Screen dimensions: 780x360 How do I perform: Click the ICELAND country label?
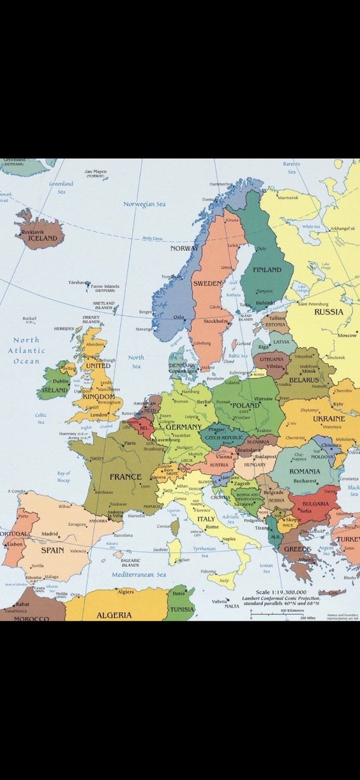[42, 239]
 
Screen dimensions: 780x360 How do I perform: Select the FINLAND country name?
[267, 269]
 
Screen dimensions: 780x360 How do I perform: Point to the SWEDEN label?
[206, 283]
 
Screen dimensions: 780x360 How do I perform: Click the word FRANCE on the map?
[125, 476]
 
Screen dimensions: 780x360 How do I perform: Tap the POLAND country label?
[245, 405]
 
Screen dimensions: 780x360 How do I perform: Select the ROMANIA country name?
[305, 471]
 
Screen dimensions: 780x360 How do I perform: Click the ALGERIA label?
[114, 615]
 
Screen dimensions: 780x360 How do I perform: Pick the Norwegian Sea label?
[144, 204]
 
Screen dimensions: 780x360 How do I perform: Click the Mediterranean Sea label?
[137, 575]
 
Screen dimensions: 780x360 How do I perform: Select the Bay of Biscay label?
[64, 476]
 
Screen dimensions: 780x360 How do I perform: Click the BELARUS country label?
[305, 379]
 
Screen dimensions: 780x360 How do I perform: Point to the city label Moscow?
[347, 335]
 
